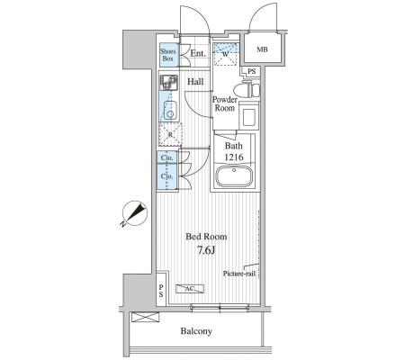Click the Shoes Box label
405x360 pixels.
pyautogui.click(x=167, y=55)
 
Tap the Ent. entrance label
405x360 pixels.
pyautogui.click(x=198, y=54)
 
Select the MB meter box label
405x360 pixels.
pyautogui.click(x=262, y=49)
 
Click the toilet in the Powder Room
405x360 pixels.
pyautogui.click(x=247, y=90)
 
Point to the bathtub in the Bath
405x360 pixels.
pyautogui.click(x=234, y=176)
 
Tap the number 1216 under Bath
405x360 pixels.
pyautogui.click(x=234, y=157)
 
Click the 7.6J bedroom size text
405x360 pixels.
pyautogui.click(x=206, y=250)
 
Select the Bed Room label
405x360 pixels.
pyautogui.click(x=206, y=237)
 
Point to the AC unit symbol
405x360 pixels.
pyautogui.click(x=190, y=289)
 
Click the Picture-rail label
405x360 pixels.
pyautogui.click(x=239, y=274)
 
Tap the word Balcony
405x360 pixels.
pyautogui.click(x=196, y=331)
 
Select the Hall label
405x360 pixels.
pyautogui.click(x=195, y=82)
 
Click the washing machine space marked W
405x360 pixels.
pyautogui.click(x=226, y=55)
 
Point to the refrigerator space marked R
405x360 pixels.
pyautogui.click(x=170, y=135)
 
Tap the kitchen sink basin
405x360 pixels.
pyautogui.click(x=170, y=111)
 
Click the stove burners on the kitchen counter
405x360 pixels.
pyautogui.click(x=169, y=82)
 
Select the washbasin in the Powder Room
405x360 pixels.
pyautogui.click(x=249, y=115)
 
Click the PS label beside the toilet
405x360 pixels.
pyautogui.click(x=252, y=72)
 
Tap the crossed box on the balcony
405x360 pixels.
pyautogui.click(x=146, y=317)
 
